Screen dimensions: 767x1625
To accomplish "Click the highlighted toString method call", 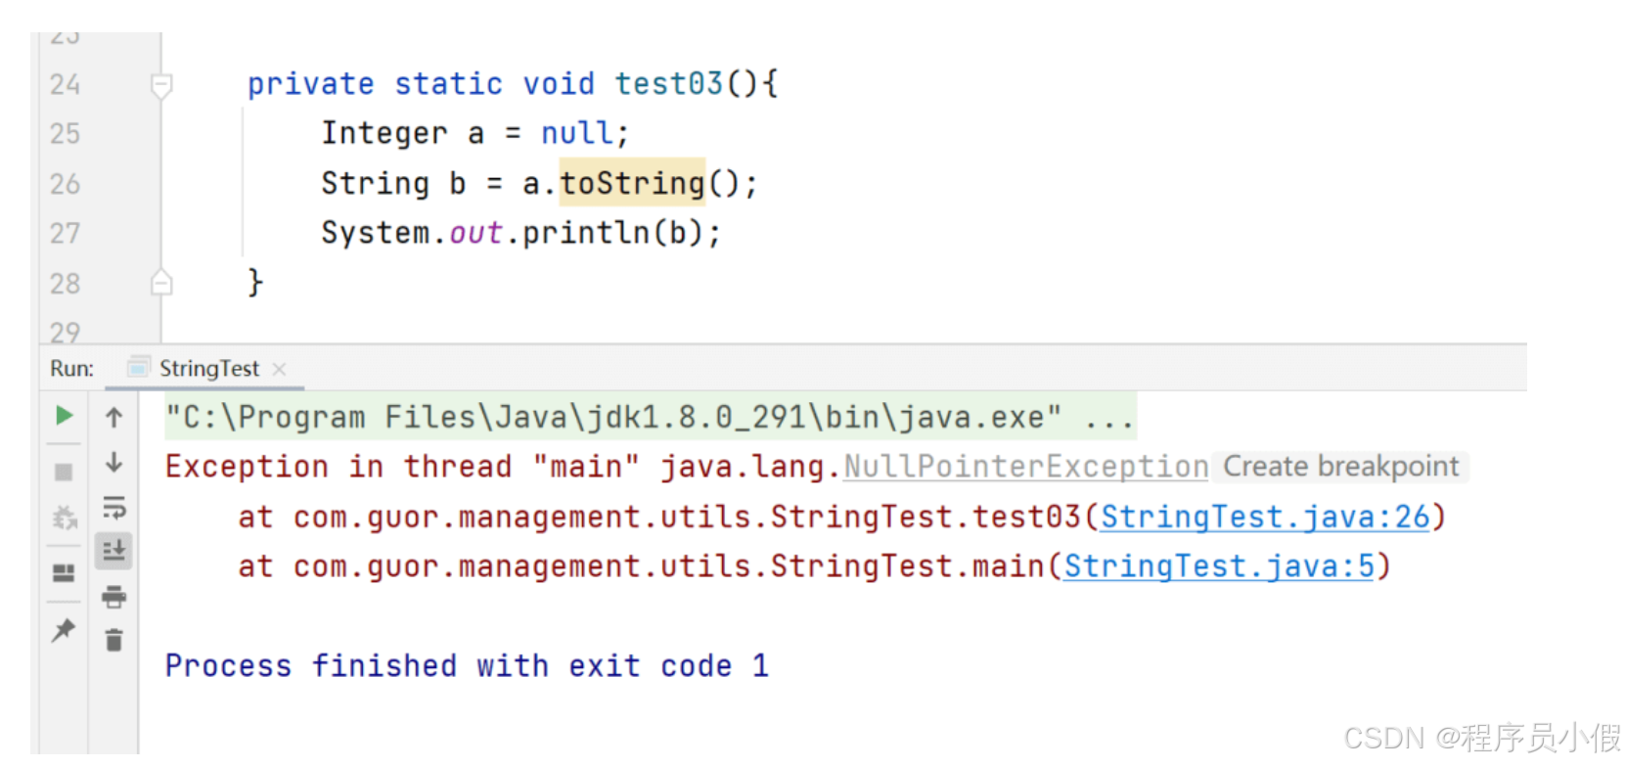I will tap(632, 183).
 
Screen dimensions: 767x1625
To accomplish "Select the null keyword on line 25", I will tap(577, 133).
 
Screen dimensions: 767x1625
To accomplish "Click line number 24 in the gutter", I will tap(65, 84).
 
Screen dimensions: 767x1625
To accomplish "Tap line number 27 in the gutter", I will tap(65, 233).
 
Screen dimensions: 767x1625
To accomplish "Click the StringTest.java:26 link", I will tap(1265, 517).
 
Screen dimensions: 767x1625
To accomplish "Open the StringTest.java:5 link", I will tap(1219, 566).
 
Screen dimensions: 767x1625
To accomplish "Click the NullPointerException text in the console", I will tap(1025, 467).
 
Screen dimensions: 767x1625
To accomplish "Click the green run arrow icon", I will tap(65, 416).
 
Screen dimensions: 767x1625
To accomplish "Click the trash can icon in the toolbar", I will tap(114, 640).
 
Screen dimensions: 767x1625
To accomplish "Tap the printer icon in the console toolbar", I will tap(114, 596).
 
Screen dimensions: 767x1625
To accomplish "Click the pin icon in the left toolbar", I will tap(64, 629).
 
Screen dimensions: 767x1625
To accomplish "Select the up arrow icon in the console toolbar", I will tap(114, 418).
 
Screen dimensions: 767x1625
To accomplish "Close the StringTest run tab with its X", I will tap(280, 369).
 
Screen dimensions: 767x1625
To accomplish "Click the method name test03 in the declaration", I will tap(668, 84).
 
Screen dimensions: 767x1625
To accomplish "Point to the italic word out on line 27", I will tap(475, 233).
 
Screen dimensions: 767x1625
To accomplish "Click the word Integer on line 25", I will tap(384, 133).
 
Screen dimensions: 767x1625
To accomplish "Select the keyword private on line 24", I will tap(310, 84).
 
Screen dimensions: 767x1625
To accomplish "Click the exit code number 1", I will tap(760, 666).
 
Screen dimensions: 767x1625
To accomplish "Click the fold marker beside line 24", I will tap(161, 85).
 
